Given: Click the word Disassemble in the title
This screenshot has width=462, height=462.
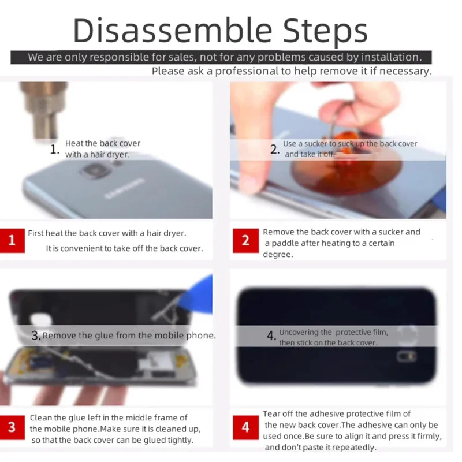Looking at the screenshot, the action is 172,31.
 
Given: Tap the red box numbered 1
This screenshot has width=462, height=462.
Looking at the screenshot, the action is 12,240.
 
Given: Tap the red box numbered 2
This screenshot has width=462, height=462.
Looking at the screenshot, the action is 245,240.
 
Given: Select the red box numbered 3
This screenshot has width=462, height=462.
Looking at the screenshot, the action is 12,427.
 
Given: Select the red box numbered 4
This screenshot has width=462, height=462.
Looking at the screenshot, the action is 245,427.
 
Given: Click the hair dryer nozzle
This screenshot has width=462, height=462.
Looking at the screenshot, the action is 44,110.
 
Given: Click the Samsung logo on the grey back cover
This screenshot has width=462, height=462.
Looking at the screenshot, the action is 125,188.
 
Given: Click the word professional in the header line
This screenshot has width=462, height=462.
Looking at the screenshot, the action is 247,72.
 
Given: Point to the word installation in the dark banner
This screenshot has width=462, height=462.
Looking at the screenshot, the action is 392,57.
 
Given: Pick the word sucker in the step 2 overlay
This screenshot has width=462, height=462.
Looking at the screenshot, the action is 315,144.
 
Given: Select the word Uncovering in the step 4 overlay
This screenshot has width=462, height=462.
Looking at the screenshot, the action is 299,333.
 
